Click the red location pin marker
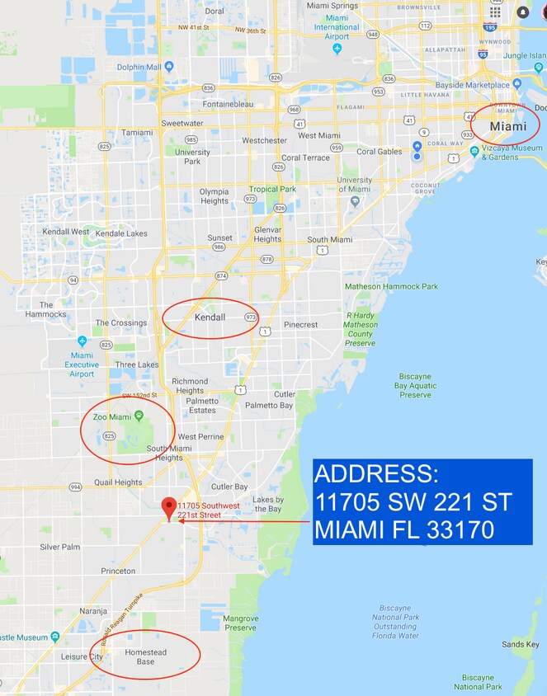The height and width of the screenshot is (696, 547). (x=170, y=506)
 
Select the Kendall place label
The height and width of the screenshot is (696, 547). (x=210, y=317)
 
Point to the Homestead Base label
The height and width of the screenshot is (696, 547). (x=145, y=656)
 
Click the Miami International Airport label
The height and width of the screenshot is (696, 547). (x=337, y=27)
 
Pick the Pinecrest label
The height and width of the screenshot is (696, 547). (x=300, y=325)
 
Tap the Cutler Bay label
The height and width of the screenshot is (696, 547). (x=229, y=487)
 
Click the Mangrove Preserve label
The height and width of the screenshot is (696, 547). (x=240, y=623)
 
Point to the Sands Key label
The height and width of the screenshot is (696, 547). (x=521, y=644)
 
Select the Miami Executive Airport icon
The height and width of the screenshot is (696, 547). (x=82, y=341)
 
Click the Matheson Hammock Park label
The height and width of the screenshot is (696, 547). (x=391, y=287)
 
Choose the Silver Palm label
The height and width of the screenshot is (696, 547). (x=60, y=547)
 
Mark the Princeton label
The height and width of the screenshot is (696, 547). (x=118, y=571)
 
